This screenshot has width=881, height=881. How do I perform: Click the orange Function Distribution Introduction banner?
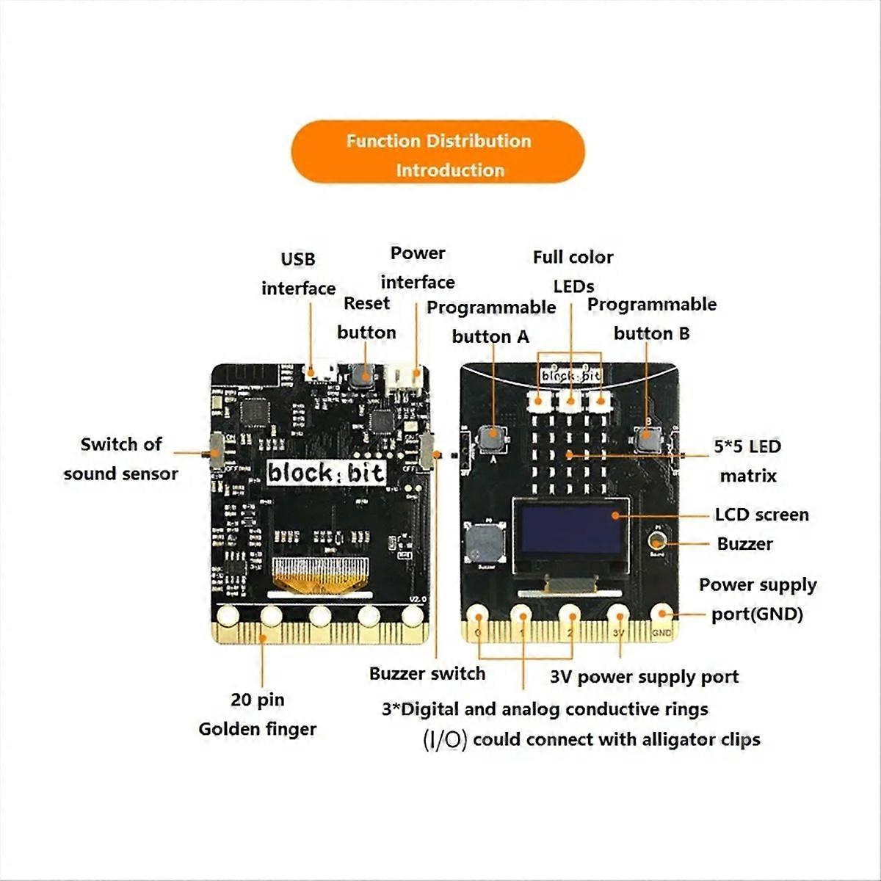click(x=438, y=155)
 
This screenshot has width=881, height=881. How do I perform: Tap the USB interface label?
click(x=298, y=274)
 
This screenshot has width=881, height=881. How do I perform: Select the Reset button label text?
click(x=366, y=318)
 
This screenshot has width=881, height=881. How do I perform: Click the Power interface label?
click(x=418, y=268)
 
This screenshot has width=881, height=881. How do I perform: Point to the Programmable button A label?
click(x=490, y=322)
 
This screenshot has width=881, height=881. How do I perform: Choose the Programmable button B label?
click(x=652, y=319)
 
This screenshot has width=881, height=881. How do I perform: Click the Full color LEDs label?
click(x=573, y=271)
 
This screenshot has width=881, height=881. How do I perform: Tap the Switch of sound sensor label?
click(x=120, y=459)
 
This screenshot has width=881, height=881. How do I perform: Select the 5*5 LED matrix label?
click(x=747, y=461)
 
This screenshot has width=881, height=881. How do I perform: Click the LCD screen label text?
click(x=761, y=515)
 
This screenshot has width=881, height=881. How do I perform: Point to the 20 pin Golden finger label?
click(x=257, y=714)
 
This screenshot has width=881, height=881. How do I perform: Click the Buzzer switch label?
click(x=427, y=673)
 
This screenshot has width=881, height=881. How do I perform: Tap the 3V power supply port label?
click(x=644, y=677)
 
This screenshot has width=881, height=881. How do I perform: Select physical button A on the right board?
click(x=492, y=438)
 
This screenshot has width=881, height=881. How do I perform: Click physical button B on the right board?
click(x=646, y=438)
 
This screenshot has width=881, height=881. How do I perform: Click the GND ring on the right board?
click(x=661, y=615)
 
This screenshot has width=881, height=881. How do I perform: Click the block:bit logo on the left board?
click(x=325, y=473)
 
